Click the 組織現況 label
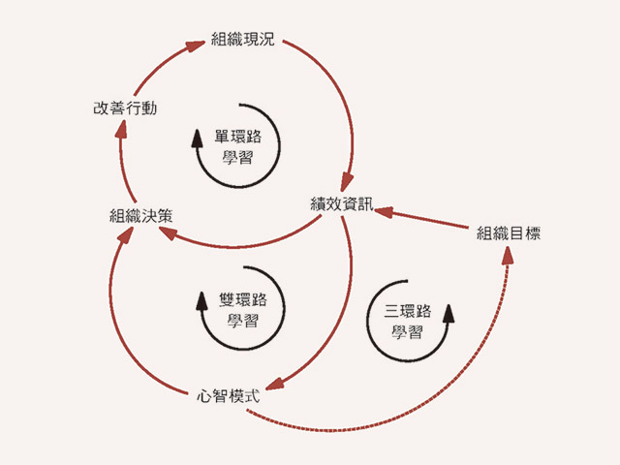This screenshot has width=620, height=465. pyautogui.click(x=243, y=41)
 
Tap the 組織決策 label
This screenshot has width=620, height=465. pyautogui.click(x=141, y=216)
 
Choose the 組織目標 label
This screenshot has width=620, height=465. pyautogui.click(x=509, y=232)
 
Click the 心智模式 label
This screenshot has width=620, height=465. pyautogui.click(x=226, y=394)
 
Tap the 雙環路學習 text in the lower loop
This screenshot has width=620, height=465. pyautogui.click(x=241, y=308)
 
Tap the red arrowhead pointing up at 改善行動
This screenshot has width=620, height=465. pyautogui.click(x=118, y=132)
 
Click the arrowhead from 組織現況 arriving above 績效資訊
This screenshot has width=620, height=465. pyautogui.click(x=346, y=183)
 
